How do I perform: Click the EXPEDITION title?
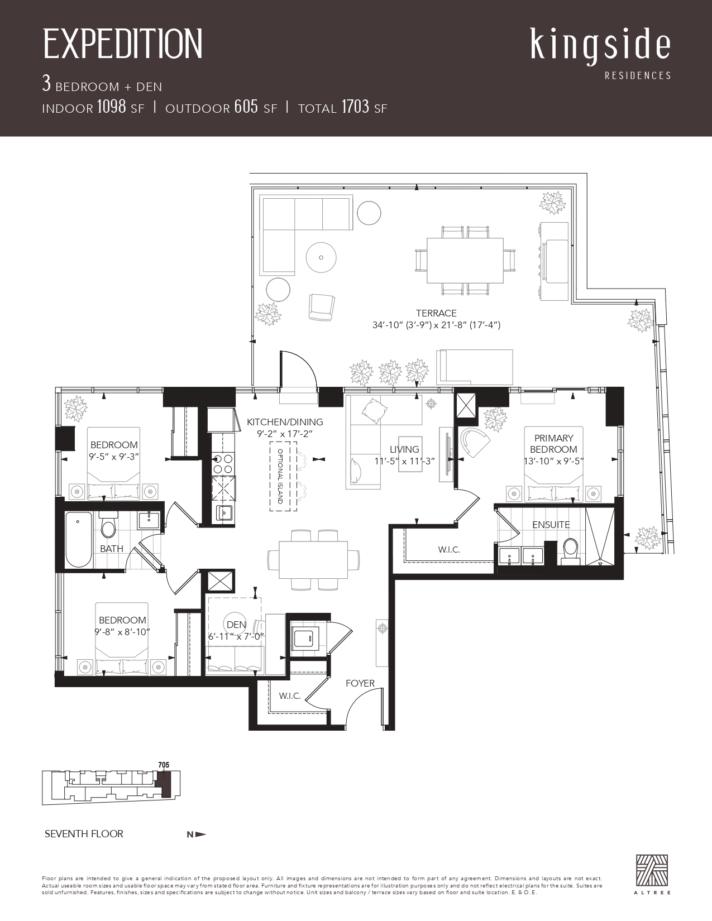pyautogui.click(x=123, y=44)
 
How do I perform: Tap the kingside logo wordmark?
pyautogui.click(x=600, y=47)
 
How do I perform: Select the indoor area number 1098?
pyautogui.click(x=112, y=107)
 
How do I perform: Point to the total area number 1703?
pyautogui.click(x=355, y=107)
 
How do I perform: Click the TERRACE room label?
pyautogui.click(x=436, y=313)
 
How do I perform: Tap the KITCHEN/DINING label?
pyautogui.click(x=285, y=422)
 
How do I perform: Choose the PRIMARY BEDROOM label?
pyautogui.click(x=553, y=443)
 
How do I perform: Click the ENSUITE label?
pyautogui.click(x=551, y=525)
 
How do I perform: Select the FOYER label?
pyautogui.click(x=360, y=683)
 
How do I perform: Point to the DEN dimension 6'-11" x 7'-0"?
pyautogui.click(x=236, y=636)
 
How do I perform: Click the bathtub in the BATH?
pyautogui.click(x=79, y=540)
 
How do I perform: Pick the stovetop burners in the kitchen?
pyautogui.click(x=223, y=463)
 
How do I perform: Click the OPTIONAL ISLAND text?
pyautogui.click(x=280, y=476)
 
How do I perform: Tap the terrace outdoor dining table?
pyautogui.click(x=465, y=260)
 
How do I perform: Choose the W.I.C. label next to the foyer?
pyautogui.click(x=290, y=696)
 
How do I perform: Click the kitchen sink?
pyautogui.click(x=224, y=513)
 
